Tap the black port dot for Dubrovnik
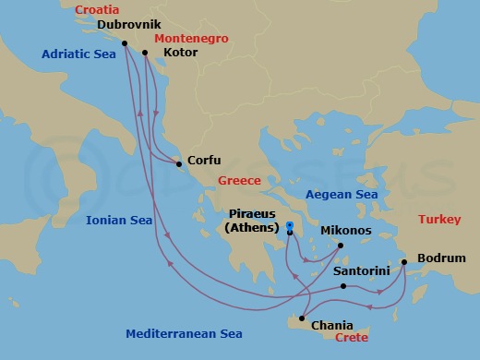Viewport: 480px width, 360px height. click(125, 42)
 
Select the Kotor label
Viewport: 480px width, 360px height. click(179, 53)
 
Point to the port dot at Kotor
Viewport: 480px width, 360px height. click(146, 52)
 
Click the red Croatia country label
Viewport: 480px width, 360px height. click(97, 11)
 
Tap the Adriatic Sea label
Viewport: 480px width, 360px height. click(78, 54)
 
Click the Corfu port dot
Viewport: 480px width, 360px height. click(179, 165)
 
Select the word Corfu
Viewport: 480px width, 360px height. click(204, 161)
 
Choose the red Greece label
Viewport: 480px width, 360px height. click(240, 181)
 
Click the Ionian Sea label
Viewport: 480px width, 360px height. click(119, 220)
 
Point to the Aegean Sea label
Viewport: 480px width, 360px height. click(342, 195)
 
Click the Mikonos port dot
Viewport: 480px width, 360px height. click(341, 245)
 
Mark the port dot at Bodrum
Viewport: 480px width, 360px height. click(404, 261)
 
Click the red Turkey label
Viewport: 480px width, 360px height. click(439, 219)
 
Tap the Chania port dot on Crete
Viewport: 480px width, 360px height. click(301, 318)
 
